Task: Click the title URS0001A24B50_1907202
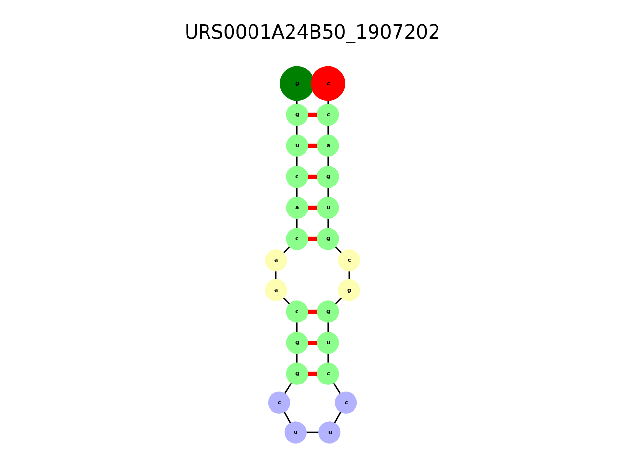tap(312, 32)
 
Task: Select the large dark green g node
tap(296, 84)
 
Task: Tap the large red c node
tap(328, 84)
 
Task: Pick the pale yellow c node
tap(349, 260)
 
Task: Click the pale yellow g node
tap(349, 290)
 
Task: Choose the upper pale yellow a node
tap(276, 260)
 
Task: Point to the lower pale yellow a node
tap(276, 290)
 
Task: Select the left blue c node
tap(279, 403)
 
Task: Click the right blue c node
tap(346, 403)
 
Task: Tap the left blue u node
tap(295, 432)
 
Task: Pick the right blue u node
tap(330, 432)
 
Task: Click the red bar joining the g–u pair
tap(312, 343)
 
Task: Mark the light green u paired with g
tap(328, 343)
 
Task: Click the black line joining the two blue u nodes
tap(312, 432)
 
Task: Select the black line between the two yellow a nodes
tap(276, 276)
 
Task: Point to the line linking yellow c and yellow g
tap(349, 276)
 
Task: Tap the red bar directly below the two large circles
tap(312, 115)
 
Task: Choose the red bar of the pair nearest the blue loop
tap(312, 374)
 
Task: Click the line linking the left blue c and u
tap(287, 417)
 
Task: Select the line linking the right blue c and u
tap(338, 417)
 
